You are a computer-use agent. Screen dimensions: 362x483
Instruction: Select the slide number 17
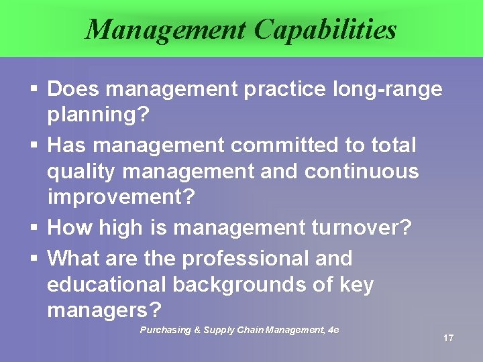tap(448, 338)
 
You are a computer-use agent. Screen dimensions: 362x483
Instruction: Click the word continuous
tap(362, 172)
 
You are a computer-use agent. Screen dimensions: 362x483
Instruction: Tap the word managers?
tap(105, 311)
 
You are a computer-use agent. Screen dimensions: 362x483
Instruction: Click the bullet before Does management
tap(34, 89)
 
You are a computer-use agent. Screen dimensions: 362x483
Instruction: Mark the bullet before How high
tap(34, 228)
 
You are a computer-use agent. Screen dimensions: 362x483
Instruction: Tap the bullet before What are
tap(34, 259)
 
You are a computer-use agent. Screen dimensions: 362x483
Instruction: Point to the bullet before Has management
tap(34, 145)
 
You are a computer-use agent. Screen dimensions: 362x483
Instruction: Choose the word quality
tap(81, 172)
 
